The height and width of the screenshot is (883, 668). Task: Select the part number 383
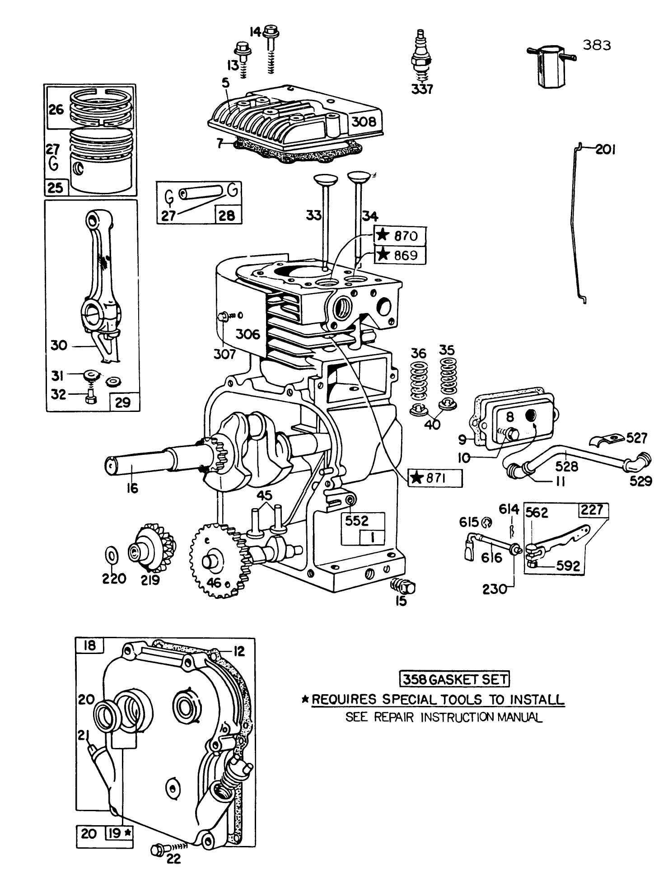point(597,45)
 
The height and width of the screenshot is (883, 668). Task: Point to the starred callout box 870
point(400,235)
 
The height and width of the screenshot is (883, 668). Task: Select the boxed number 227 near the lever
point(593,510)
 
